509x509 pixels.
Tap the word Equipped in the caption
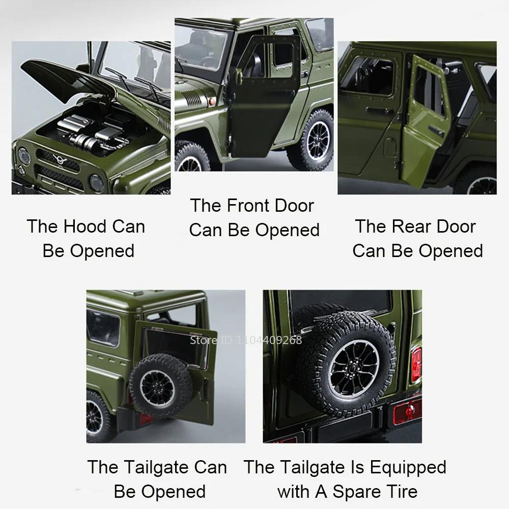click(408, 467)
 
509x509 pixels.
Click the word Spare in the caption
click(356, 492)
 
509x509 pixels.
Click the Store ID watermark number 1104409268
click(270, 341)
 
